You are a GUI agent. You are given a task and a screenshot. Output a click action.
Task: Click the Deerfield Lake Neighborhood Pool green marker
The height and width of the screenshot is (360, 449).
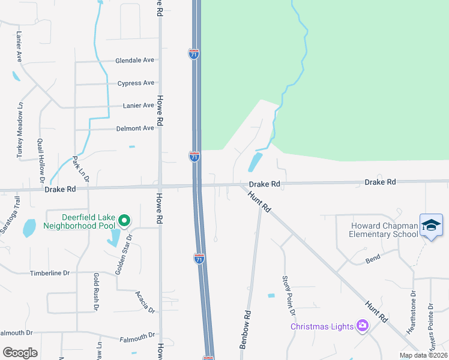click(x=124, y=221)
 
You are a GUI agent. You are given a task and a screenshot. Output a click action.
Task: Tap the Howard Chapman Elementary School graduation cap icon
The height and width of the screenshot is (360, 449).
click(x=431, y=225)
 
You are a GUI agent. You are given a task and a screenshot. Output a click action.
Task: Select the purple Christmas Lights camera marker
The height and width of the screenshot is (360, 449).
click(x=362, y=326)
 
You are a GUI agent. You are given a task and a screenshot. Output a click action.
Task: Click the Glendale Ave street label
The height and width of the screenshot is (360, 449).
click(x=135, y=61)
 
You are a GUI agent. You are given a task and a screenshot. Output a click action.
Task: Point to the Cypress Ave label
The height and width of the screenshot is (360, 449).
click(x=136, y=83)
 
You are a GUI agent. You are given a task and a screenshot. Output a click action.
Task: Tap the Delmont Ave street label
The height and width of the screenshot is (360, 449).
click(x=135, y=128)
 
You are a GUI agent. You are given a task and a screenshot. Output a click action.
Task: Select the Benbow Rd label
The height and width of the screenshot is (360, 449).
click(x=245, y=330)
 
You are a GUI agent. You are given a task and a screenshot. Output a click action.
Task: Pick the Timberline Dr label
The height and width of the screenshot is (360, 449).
click(x=50, y=273)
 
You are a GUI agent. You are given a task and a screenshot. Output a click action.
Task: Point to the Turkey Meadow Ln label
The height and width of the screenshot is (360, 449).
click(x=20, y=129)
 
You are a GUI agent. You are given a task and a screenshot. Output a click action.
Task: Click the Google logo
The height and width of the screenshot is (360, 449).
click(x=20, y=352)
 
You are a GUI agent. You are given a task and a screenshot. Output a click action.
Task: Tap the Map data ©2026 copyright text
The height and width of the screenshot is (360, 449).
click(x=423, y=355)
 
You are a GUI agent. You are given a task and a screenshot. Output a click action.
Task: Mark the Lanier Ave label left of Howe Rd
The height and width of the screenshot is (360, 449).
click(x=139, y=106)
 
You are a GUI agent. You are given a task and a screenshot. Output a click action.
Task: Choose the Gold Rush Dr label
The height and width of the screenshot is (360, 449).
click(x=95, y=291)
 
